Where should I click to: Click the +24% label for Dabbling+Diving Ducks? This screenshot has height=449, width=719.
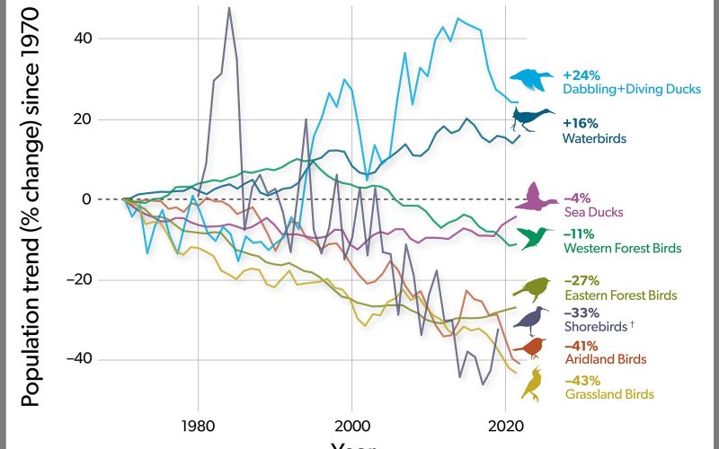(581, 75)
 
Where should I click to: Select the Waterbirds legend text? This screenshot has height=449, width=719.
(594, 138)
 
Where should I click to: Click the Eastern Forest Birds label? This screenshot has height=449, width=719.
(619, 295)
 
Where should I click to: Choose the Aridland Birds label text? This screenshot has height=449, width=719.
(604, 359)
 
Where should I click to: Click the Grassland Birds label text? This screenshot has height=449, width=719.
(608, 393)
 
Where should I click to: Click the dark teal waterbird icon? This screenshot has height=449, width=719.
(532, 119)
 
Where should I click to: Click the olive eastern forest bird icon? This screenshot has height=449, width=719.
(531, 287)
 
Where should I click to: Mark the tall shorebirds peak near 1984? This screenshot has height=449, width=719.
(229, 9)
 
